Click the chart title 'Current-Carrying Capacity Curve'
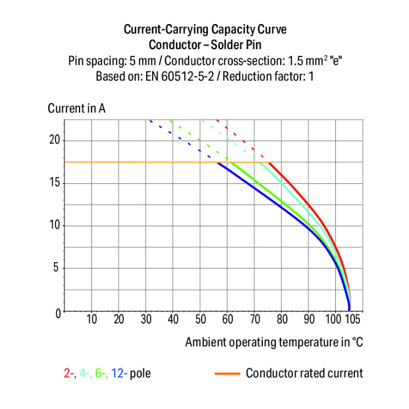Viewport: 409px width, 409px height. coord(204,29)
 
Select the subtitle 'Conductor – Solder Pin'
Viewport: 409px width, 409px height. coord(204,45)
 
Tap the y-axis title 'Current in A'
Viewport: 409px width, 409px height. coord(77,108)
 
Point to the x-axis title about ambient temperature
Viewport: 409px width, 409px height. coord(274,342)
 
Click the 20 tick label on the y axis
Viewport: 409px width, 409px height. coord(53,141)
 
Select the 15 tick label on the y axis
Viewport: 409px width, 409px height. coord(53,183)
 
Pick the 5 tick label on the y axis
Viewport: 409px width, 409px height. coord(56,268)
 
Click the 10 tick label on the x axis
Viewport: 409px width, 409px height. coord(92,320)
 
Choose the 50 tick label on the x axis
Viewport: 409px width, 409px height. coord(200,320)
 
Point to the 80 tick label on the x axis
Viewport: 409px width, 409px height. coord(282,320)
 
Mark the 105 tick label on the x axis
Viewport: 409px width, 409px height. coord(353,320)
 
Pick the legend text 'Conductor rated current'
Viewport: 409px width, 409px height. coord(304,374)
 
